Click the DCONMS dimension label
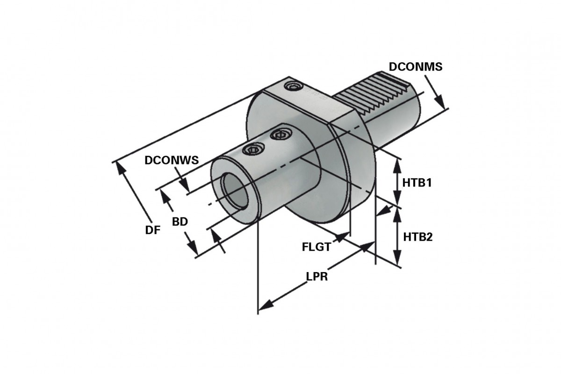[415, 67]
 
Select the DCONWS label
[172, 160]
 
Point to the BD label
[180, 222]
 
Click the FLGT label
[316, 246]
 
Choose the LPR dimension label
[316, 276]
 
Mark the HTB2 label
[417, 237]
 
